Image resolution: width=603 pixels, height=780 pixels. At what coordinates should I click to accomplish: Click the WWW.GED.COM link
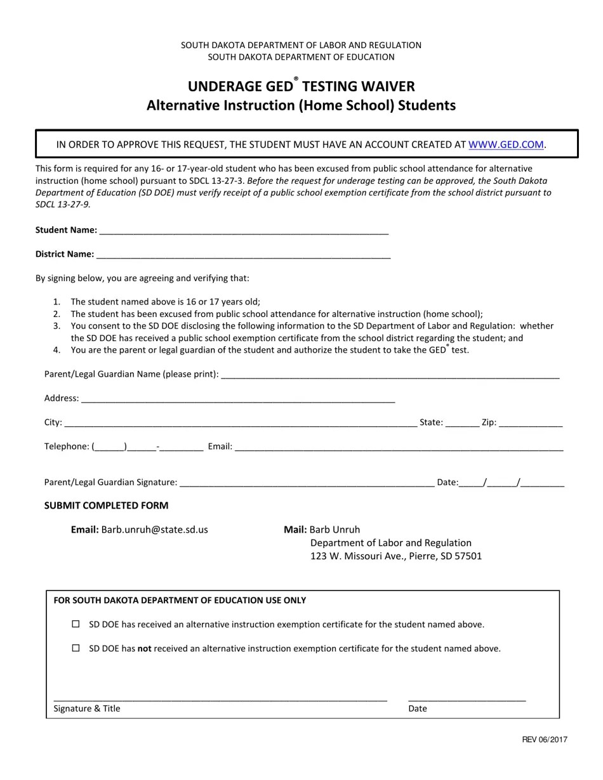point(506,145)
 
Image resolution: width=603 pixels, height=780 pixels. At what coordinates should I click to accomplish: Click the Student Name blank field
point(244,230)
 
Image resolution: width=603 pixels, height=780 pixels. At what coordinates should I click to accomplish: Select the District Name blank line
point(243,254)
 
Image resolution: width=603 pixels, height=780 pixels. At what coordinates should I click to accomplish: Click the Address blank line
point(238,398)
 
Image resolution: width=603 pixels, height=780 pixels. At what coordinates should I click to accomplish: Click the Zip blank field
point(531,422)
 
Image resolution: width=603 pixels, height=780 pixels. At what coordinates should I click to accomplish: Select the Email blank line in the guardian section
point(399,446)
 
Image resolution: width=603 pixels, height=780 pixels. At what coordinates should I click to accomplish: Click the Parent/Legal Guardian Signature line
point(307,483)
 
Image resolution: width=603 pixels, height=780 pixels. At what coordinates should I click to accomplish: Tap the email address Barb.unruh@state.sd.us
point(154,530)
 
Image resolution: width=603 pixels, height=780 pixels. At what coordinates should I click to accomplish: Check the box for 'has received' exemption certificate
point(76,624)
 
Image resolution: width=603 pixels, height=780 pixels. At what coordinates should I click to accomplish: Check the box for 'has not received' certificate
point(76,648)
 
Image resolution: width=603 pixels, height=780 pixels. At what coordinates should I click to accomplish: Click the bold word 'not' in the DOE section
point(144,649)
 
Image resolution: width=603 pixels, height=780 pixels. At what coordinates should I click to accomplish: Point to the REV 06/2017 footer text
point(545,739)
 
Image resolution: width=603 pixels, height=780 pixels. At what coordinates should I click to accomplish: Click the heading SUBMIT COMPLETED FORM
point(106,505)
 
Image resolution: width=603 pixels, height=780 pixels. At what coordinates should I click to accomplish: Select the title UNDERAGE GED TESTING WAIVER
point(301,87)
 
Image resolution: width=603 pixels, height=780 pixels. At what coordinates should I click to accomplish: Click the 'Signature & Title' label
point(87,708)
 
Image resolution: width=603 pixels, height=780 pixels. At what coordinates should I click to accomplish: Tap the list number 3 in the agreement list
point(56,326)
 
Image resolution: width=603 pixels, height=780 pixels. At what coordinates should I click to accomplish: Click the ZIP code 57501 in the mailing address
point(468,556)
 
